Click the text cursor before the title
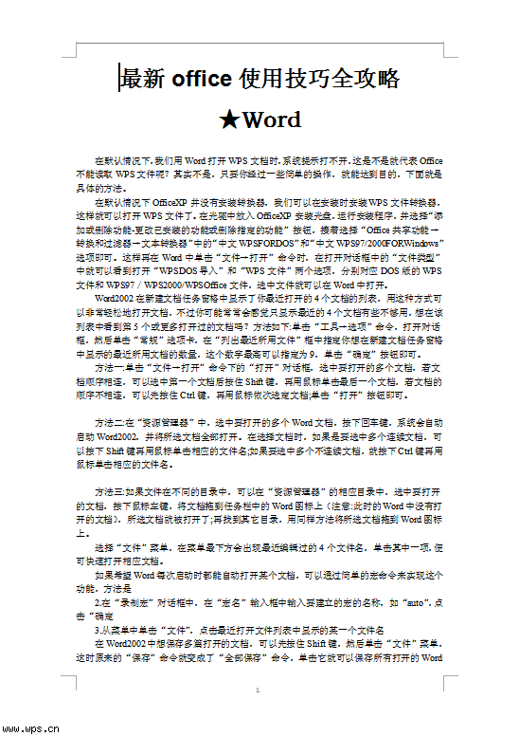point(119,80)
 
